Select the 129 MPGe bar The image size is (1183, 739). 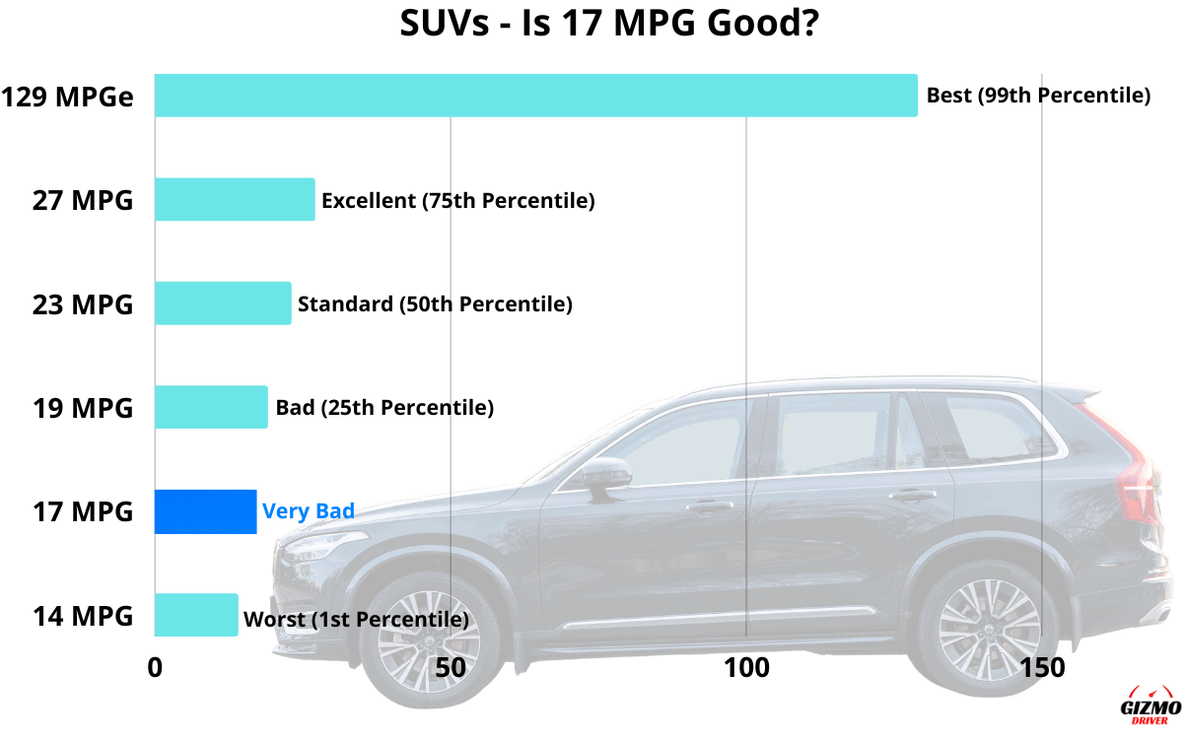(x=535, y=96)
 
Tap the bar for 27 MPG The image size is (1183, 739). (x=235, y=200)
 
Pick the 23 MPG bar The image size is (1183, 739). (x=223, y=303)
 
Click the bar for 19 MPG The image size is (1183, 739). (x=211, y=407)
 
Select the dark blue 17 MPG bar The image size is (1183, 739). (x=205, y=511)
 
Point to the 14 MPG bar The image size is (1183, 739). (x=196, y=615)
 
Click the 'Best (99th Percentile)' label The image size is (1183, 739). (x=1038, y=97)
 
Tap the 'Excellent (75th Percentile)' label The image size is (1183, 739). (x=457, y=201)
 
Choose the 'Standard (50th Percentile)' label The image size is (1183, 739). (x=435, y=303)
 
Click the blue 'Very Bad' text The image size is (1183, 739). (x=308, y=511)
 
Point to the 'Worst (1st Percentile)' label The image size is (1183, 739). (x=356, y=620)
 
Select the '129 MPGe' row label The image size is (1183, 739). (x=68, y=98)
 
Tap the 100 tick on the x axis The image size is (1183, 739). (x=746, y=667)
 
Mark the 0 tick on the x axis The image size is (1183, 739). (x=155, y=667)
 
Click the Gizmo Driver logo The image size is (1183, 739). (x=1150, y=705)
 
